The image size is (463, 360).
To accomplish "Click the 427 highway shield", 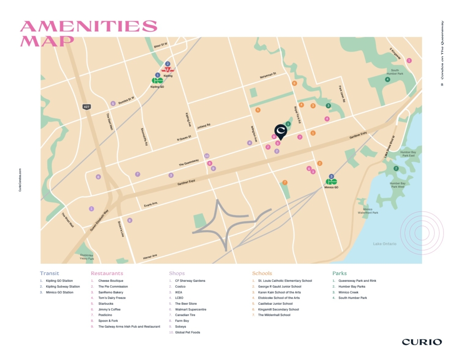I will (x=86, y=107).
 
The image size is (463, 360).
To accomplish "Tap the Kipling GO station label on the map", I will (x=157, y=86).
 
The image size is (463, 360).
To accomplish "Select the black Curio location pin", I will (x=280, y=131).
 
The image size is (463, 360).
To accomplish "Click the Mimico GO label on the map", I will (x=331, y=187).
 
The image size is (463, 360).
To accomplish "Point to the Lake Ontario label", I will (x=385, y=244).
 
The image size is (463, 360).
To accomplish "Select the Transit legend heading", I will (x=49, y=273).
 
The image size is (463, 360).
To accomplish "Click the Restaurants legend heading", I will (x=107, y=273).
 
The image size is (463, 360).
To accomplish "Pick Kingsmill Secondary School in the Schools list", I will (x=278, y=309).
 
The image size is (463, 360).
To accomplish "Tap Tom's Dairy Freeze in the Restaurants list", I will (x=112, y=298).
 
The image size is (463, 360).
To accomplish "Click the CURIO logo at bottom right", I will (x=422, y=342).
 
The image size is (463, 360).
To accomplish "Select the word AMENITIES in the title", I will (x=89, y=26).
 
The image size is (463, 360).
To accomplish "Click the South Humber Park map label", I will (x=395, y=72).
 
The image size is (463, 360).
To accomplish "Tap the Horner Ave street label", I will (x=150, y=256).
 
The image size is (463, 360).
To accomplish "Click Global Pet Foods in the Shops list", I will (x=187, y=332).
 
